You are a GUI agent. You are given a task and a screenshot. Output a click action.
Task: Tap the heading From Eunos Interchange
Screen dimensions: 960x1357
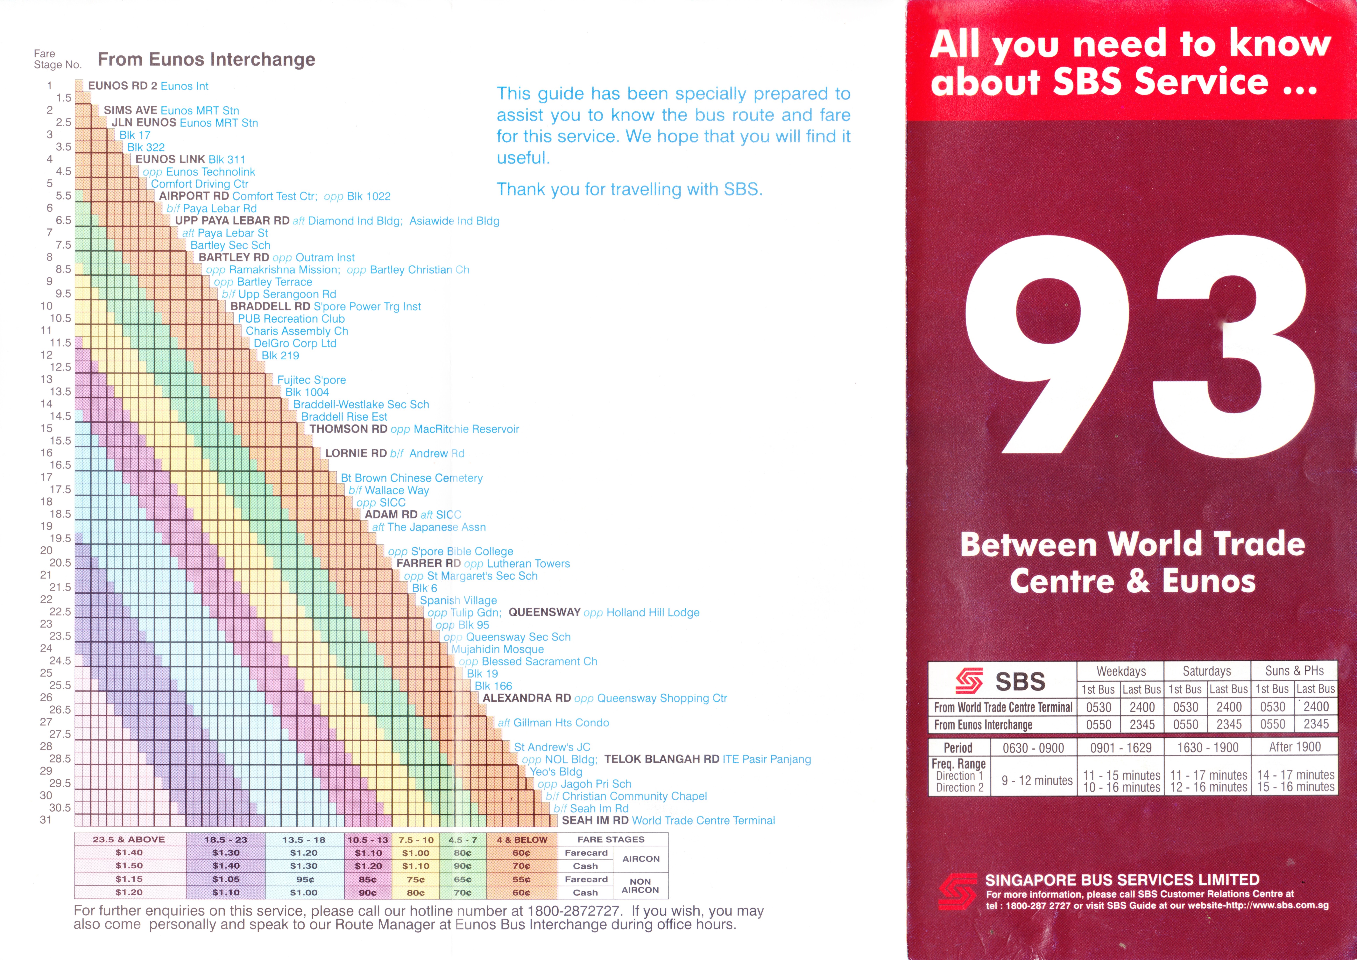click(x=206, y=60)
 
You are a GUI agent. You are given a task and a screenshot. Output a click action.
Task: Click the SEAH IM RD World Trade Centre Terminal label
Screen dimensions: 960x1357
click(x=668, y=821)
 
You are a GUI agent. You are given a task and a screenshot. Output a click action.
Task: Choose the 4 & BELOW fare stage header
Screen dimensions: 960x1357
click(x=521, y=839)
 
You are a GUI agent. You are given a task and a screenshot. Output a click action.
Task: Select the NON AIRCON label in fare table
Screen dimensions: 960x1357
click(x=640, y=886)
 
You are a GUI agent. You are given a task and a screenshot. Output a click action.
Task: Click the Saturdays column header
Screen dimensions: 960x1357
click(x=1207, y=671)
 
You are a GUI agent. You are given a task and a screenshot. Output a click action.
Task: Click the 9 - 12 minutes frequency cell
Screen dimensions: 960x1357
click(x=1036, y=780)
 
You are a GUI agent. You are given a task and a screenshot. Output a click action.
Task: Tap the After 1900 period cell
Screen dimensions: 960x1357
click(x=1294, y=747)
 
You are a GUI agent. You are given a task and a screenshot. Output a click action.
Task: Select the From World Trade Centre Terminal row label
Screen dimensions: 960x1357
click(x=1003, y=707)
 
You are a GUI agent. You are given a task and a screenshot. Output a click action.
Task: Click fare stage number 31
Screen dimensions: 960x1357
click(x=46, y=820)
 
